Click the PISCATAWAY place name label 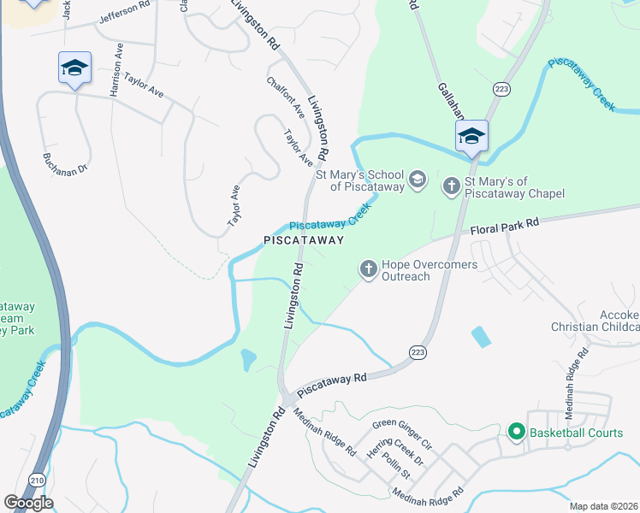click(x=303, y=241)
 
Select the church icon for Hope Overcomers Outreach click(x=369, y=270)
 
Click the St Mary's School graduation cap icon click(x=417, y=179)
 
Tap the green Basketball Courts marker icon click(x=516, y=433)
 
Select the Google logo click(x=28, y=502)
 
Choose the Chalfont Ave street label click(x=286, y=97)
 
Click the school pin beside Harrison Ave click(x=74, y=68)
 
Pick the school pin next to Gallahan click(x=471, y=136)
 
